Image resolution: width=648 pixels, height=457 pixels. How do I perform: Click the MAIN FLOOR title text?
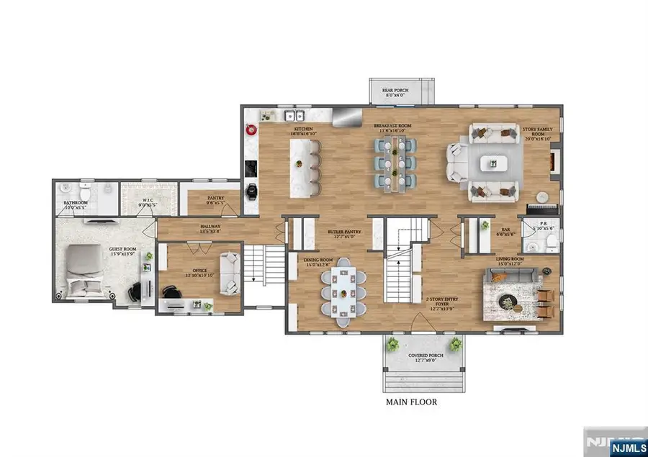coord(411,402)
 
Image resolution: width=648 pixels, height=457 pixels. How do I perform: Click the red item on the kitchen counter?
coord(251,130)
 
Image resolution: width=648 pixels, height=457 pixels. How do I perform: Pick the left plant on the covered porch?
coord(393,343)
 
